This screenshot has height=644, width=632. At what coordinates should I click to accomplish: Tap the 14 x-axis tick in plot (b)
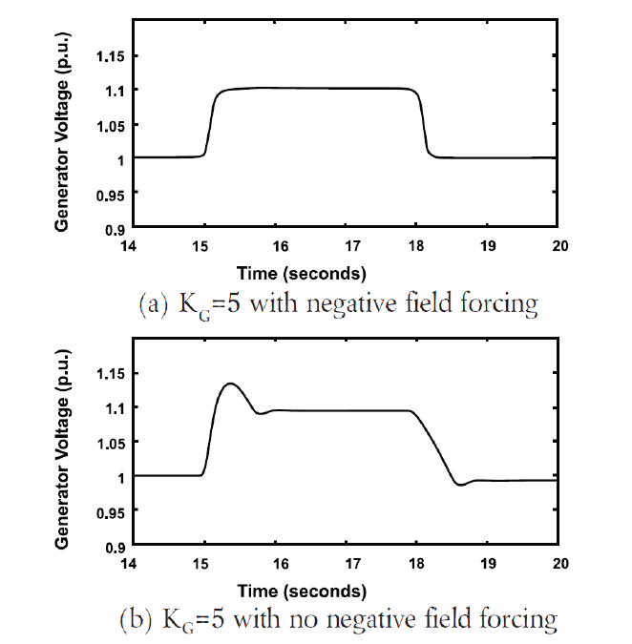(134, 564)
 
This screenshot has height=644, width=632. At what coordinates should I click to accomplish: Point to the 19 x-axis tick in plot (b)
(489, 564)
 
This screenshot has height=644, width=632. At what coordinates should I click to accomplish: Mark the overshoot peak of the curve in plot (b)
(229, 384)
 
